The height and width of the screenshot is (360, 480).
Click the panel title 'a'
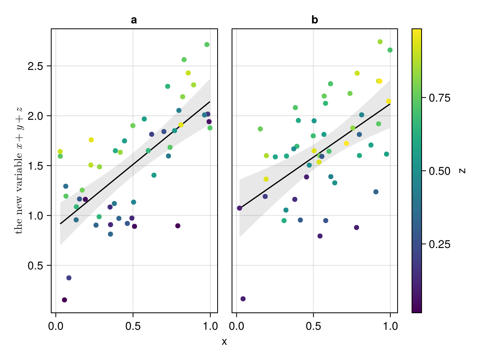134,20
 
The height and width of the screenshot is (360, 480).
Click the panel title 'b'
315,20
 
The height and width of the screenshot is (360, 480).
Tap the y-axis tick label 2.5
36,66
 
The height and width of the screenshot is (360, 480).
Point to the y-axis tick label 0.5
36,266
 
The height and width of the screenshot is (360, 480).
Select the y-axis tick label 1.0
36,216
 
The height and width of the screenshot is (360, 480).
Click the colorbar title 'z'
463,170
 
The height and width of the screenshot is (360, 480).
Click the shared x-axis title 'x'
224,342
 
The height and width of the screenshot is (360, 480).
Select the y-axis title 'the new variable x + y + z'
19,170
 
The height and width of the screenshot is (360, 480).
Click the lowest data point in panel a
64,300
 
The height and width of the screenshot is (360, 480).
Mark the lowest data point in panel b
243,299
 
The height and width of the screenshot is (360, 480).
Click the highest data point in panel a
207,44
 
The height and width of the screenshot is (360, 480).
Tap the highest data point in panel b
380,42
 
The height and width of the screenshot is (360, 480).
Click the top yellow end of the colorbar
416,30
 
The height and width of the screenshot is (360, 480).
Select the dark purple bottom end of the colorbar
416,310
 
